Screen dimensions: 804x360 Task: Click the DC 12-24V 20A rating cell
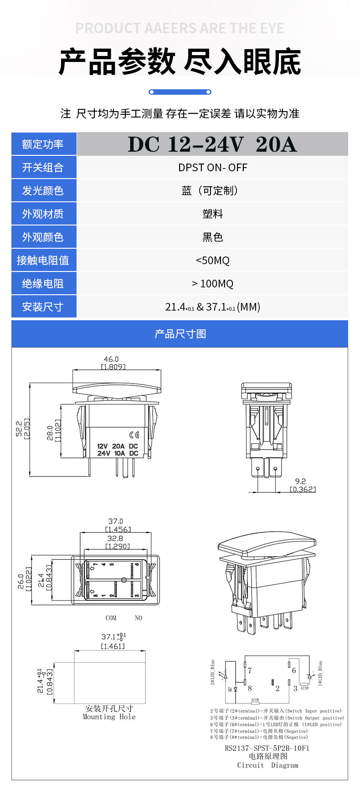212,144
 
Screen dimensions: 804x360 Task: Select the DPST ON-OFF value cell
212,168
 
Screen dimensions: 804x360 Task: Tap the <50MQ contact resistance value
212,261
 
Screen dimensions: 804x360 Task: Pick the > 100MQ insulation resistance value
212,284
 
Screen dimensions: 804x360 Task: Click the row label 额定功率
43,144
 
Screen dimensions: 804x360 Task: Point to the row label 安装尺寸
43,307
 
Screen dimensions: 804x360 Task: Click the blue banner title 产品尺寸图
180,334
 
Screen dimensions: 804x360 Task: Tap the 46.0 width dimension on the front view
111,359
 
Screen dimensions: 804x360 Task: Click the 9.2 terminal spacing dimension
300,481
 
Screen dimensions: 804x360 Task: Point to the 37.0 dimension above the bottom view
116,521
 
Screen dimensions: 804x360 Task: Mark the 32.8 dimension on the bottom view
115,538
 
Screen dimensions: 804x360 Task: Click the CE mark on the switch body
134,435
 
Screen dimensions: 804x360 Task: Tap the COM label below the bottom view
111,618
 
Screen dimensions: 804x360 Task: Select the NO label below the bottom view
139,618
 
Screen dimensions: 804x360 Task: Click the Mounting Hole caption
109,717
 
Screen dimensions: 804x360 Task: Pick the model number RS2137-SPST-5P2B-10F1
267,748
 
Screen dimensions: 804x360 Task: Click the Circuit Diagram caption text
267,765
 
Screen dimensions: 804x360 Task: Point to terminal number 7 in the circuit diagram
250,671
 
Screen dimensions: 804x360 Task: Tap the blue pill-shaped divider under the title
180,92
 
